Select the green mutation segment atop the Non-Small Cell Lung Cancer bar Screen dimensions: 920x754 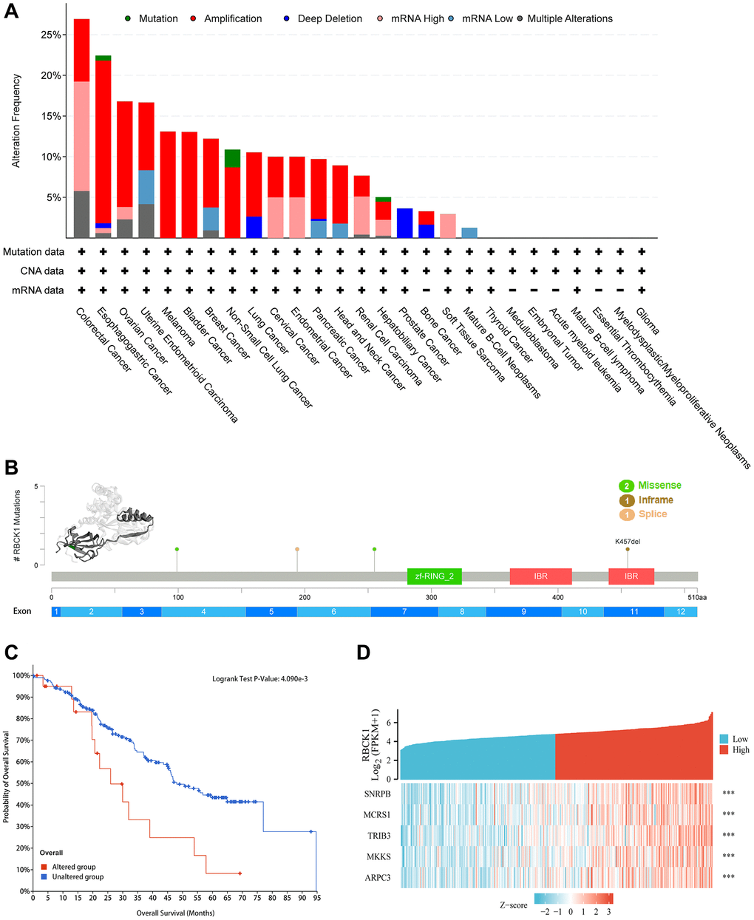(232, 158)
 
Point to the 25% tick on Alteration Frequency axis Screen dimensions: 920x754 (50, 35)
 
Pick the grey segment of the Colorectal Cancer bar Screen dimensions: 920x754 (82, 214)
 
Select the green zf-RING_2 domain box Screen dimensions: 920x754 (434, 577)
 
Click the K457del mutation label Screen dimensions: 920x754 (628, 542)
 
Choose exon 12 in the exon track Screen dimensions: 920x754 (680, 612)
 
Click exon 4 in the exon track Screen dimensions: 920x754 (203, 612)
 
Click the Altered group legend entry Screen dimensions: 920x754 (67, 867)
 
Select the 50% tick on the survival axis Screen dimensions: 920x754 (22, 784)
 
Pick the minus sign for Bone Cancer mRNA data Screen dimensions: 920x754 (426, 290)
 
